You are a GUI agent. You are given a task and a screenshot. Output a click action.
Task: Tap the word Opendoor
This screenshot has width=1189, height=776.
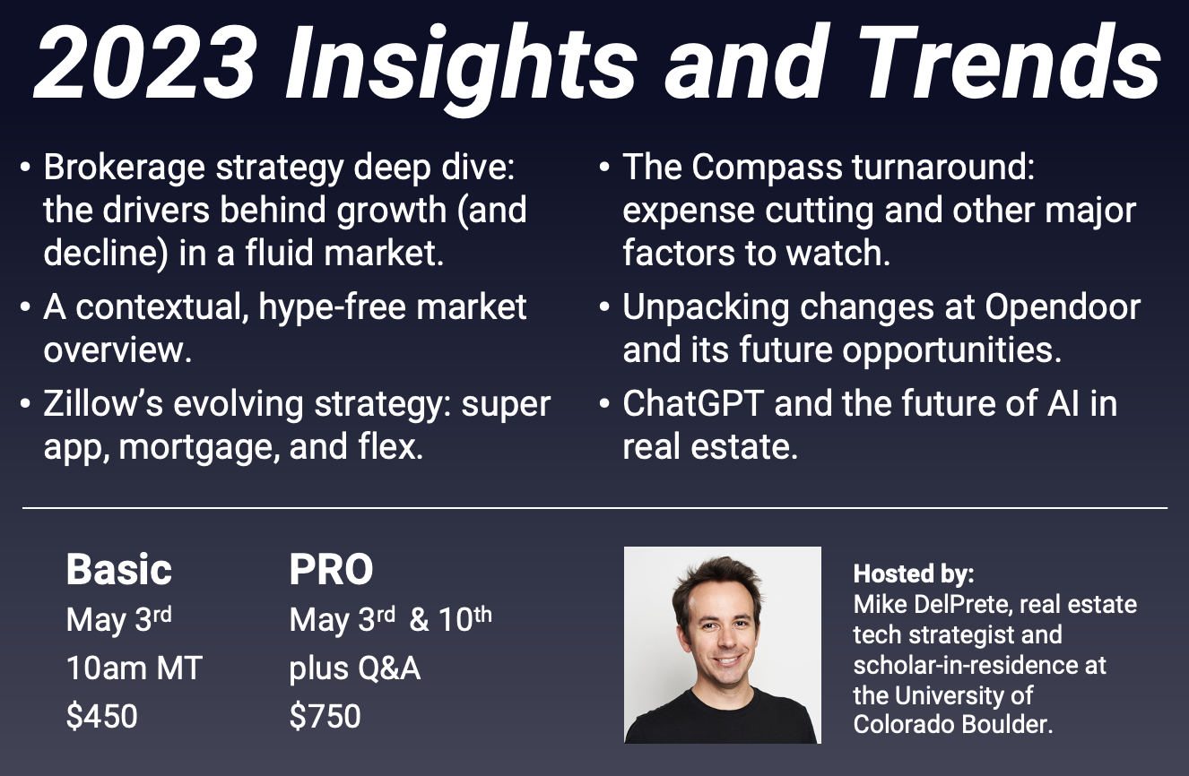pyautogui.click(x=1063, y=307)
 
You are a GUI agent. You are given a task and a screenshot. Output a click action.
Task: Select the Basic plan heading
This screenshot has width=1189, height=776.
pyautogui.click(x=119, y=570)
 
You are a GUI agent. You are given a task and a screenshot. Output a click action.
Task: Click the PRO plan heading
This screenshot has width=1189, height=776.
pyautogui.click(x=331, y=570)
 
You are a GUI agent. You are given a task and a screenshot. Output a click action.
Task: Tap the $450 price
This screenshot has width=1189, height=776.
pyautogui.click(x=101, y=717)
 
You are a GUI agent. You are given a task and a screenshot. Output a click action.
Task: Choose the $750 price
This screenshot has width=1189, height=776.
pyautogui.click(x=325, y=717)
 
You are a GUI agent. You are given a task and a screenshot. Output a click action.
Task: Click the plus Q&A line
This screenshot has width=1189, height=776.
pyautogui.click(x=354, y=668)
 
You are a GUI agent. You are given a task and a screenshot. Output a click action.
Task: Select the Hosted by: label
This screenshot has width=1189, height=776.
pyautogui.click(x=914, y=573)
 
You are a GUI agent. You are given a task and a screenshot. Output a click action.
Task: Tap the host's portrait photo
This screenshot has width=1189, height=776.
pyautogui.click(x=722, y=645)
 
